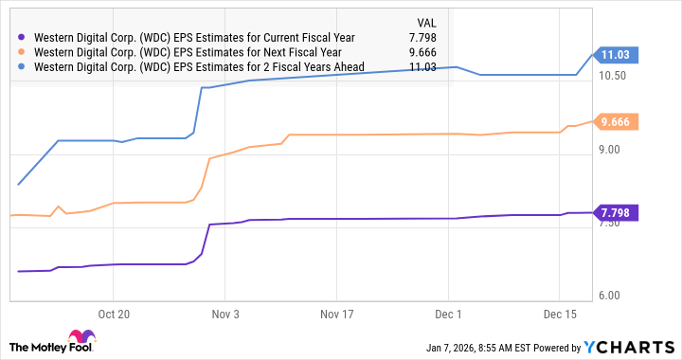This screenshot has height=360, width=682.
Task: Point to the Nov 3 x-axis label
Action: pos(224,313)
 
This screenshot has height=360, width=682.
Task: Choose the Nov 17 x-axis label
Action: pos(335,313)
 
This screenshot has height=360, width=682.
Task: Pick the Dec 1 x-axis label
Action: pos(448,313)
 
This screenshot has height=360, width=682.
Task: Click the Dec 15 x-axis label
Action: pos(560,313)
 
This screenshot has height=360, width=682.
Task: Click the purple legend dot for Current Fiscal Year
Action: pos(23,38)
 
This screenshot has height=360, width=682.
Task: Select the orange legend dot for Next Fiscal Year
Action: pos(23,52)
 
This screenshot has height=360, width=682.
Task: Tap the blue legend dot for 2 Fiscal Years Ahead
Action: pos(23,67)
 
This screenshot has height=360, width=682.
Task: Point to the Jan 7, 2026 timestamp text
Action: pos(478,347)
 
